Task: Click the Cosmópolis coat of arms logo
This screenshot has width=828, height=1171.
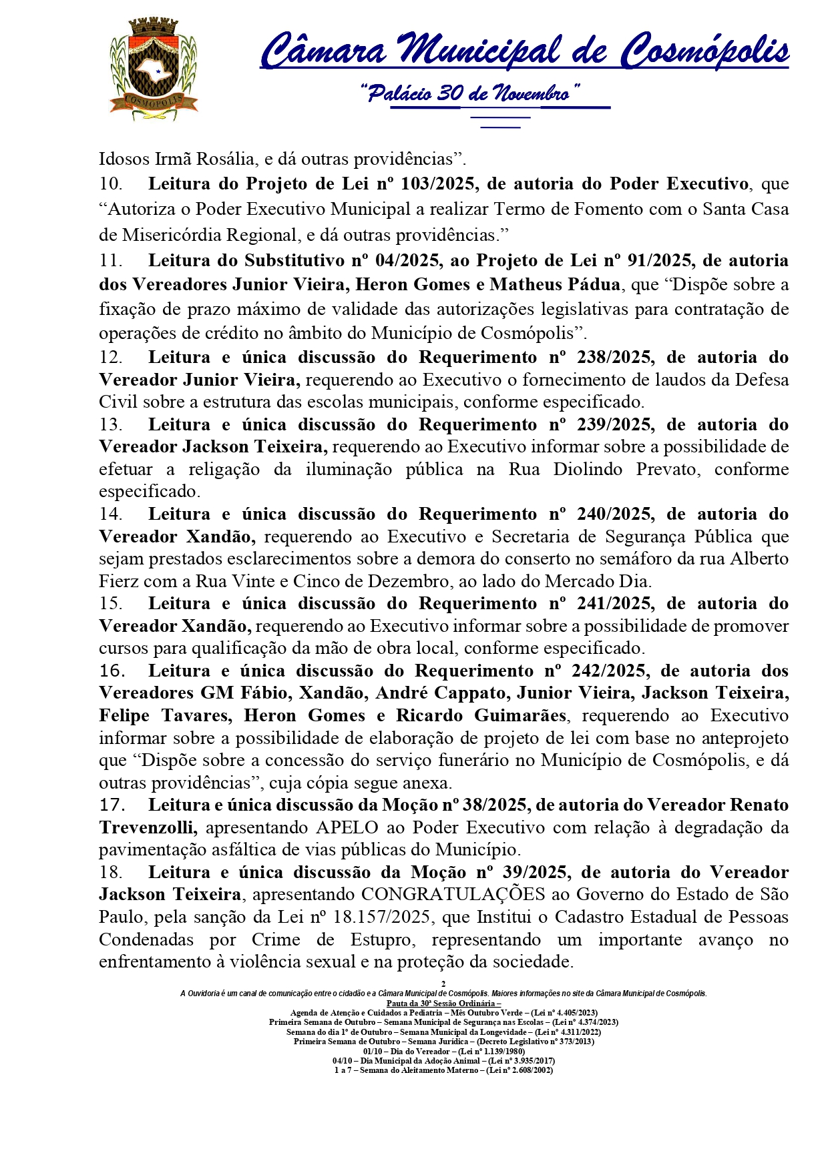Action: [154, 69]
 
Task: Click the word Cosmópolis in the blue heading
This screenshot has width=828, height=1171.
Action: [705, 51]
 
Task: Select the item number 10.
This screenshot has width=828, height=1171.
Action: [111, 183]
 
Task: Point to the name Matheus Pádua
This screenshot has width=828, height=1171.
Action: [555, 285]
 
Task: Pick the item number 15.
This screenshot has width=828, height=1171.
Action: [111, 604]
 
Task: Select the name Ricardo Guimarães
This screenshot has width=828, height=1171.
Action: [481, 716]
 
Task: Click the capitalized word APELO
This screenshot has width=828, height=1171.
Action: [347, 828]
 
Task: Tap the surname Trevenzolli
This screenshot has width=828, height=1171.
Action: [148, 828]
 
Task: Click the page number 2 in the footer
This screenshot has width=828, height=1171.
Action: [443, 984]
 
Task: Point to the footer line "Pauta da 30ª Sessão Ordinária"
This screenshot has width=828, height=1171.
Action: [443, 1003]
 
